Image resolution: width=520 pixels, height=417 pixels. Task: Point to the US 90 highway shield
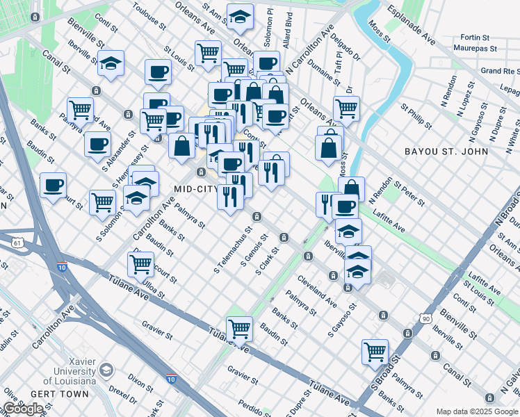[425, 318]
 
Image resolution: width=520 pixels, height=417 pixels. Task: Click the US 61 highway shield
[15, 243]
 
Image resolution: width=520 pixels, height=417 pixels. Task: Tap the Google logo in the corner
[23, 409]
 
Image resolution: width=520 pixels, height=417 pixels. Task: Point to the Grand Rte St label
[501, 71]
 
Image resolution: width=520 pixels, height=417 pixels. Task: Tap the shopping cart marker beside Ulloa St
[141, 263]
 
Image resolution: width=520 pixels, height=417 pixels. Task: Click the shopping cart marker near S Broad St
[375, 351]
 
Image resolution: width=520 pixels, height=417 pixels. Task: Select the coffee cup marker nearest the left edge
[53, 185]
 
